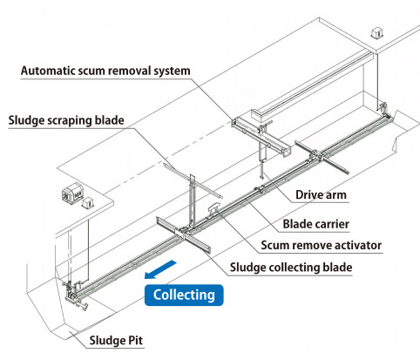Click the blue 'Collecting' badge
(184, 295)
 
